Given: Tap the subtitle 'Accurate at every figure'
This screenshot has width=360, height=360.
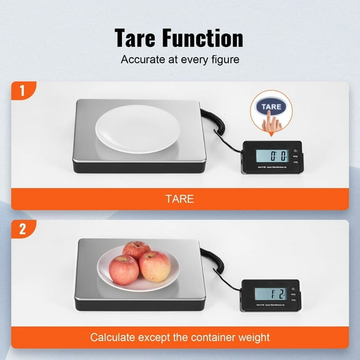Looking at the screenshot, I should tap(179, 61).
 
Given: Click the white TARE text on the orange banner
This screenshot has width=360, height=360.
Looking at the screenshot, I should tap(179, 199).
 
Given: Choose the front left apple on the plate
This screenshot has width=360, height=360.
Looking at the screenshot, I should tap(124, 269).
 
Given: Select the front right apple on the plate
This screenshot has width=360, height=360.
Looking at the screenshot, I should tap(154, 266).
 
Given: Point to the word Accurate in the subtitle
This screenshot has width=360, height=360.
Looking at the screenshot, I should tap(141, 61).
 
